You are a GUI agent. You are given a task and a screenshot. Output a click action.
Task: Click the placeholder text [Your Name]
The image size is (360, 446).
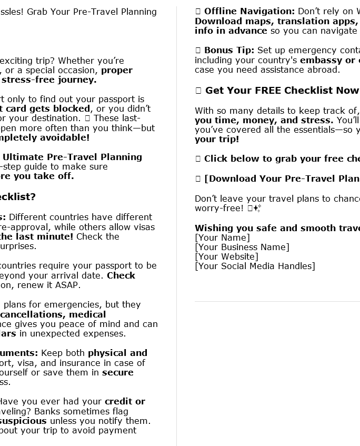(222, 238)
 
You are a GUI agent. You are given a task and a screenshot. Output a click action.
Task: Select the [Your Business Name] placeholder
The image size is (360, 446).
(242, 247)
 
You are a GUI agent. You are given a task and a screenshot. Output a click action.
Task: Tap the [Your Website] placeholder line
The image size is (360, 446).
(226, 257)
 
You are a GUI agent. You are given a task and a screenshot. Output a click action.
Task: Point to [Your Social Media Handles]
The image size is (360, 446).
(255, 266)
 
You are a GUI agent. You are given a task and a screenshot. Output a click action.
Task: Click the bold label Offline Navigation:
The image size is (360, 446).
(249, 12)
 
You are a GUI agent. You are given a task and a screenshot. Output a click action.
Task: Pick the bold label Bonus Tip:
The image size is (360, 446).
(229, 51)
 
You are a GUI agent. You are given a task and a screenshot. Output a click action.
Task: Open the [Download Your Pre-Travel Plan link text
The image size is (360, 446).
(282, 179)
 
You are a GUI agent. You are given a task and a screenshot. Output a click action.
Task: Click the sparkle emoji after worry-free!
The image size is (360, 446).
(256, 209)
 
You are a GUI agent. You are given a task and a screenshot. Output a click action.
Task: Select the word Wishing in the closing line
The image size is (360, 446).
(212, 229)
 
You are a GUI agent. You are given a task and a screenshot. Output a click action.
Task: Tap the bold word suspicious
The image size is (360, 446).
(23, 421)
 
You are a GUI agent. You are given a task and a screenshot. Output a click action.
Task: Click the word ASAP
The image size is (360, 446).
(68, 285)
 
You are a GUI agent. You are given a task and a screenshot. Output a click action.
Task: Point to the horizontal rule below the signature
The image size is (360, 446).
(277, 301)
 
